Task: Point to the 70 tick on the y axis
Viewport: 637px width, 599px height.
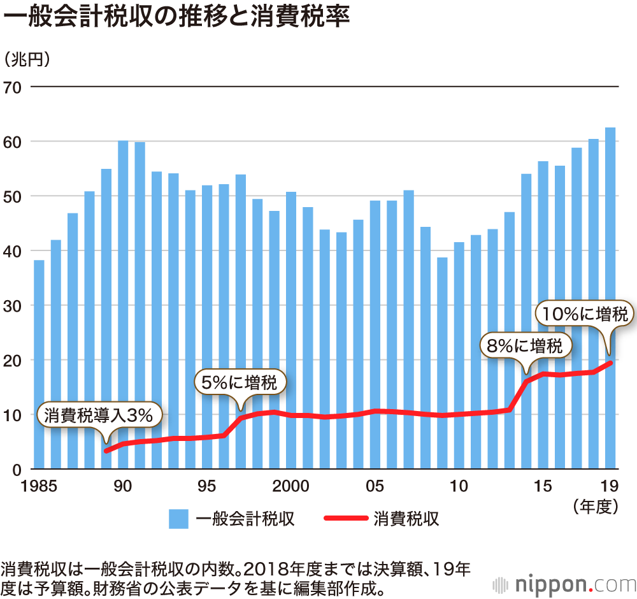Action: tap(13, 87)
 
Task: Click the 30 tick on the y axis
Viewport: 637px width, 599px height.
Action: tap(13, 306)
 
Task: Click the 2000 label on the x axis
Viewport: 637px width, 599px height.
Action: tap(291, 487)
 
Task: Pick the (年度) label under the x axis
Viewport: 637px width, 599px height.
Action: tap(596, 507)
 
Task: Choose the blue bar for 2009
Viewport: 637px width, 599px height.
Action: tap(442, 363)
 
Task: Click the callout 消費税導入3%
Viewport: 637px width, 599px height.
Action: tap(99, 415)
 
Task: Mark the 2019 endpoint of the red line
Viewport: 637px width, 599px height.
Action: tap(610, 363)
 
